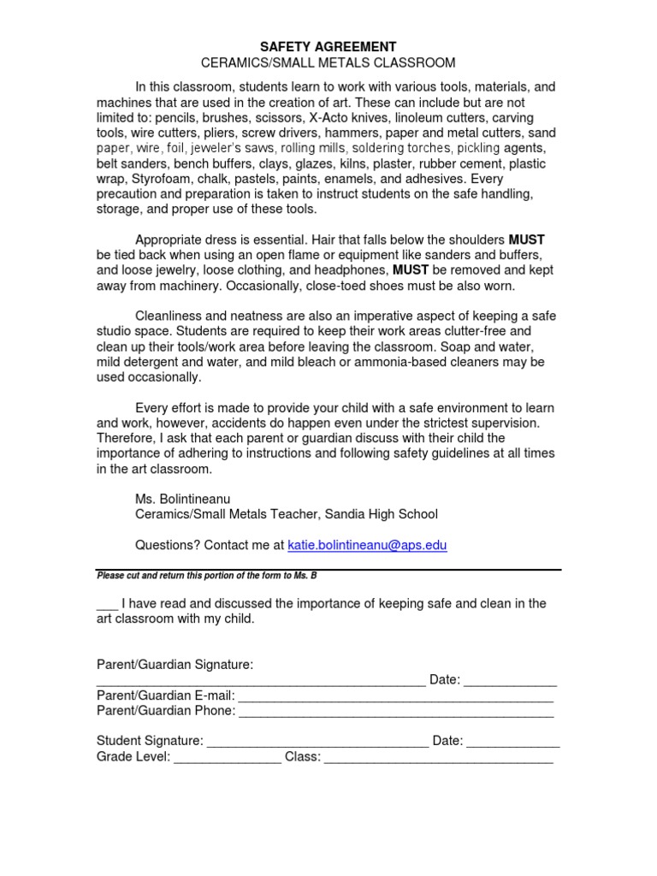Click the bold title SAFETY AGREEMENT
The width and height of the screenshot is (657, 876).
[328, 46]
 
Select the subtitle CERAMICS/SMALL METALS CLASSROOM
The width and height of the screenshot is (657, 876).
[328, 62]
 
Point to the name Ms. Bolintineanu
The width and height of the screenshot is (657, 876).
[183, 498]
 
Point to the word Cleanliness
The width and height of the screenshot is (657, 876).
[173, 316]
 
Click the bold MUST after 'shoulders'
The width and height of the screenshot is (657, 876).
[527, 240]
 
